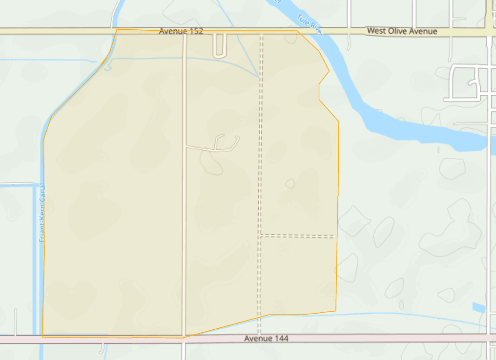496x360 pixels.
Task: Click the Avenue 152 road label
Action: click(181, 31)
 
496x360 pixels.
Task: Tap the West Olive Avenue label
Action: click(402, 31)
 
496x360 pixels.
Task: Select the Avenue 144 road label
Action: click(266, 338)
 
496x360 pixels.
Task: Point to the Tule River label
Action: click(310, 25)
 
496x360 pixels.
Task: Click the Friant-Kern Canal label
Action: click(42, 213)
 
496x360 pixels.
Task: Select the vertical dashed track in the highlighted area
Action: click(261, 146)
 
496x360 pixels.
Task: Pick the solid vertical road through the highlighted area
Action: click(184, 220)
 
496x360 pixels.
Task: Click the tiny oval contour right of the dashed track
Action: click(290, 183)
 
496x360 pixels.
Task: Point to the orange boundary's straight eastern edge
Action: click(338, 205)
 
